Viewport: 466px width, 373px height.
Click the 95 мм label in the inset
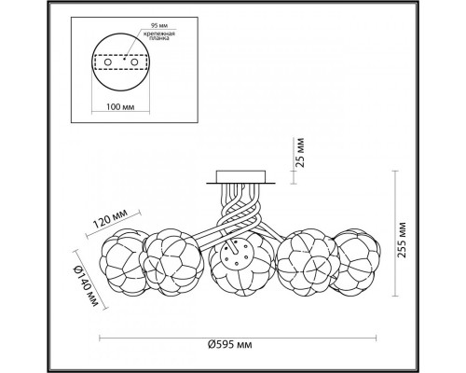coord(158,25)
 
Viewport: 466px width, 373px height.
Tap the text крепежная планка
coord(159,35)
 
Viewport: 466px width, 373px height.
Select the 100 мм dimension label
coord(120,107)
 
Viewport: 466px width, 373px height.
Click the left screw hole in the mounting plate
coord(108,62)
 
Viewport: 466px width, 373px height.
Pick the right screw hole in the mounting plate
coord(134,62)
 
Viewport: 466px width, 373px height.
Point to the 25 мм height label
coord(300,152)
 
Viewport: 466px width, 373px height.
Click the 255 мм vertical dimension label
coord(402,240)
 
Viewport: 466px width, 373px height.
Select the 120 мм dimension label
coord(110,218)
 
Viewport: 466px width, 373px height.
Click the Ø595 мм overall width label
coord(229,344)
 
